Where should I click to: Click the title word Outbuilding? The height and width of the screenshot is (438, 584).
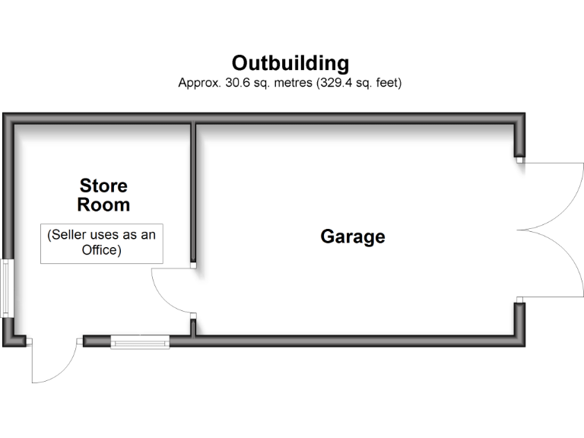(290, 62)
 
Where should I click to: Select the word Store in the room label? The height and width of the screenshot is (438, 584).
(103, 186)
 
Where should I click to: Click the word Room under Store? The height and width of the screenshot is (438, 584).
(103, 205)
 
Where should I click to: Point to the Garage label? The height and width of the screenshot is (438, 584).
(353, 236)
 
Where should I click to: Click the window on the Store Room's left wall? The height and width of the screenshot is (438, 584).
(6, 288)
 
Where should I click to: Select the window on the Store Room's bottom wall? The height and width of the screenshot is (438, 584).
(141, 341)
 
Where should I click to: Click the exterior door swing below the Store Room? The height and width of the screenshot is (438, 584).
(53, 365)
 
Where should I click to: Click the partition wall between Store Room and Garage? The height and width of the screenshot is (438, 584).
(194, 194)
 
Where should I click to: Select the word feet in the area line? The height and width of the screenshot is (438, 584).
(385, 83)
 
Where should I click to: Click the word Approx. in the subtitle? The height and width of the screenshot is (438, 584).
(199, 83)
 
